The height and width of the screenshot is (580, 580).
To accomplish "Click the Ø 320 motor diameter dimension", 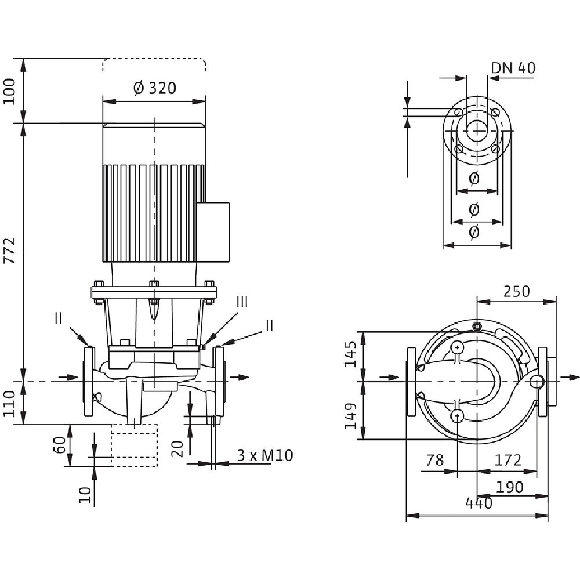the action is click(x=154, y=88).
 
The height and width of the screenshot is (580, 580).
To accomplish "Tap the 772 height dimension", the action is click(x=10, y=251).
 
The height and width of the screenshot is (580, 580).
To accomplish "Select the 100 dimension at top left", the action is click(x=10, y=92).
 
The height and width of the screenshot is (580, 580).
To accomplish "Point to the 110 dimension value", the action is click(x=10, y=404).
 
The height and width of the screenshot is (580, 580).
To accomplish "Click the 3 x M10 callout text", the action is click(x=265, y=455).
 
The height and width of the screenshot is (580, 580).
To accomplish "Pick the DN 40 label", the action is click(x=513, y=68).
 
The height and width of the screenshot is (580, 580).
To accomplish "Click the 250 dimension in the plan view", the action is click(x=516, y=291).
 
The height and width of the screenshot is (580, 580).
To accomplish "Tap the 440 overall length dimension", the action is click(x=479, y=503).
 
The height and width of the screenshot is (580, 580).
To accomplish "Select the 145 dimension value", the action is click(x=351, y=354).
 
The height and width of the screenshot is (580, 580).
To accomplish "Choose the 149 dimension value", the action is click(x=351, y=416).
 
